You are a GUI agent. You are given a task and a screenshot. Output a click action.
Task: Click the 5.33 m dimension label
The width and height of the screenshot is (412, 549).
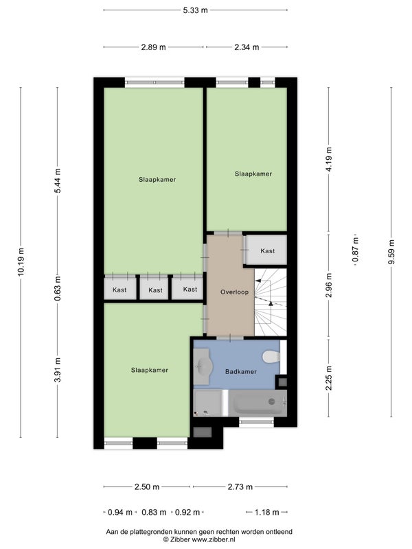click(x=195, y=10)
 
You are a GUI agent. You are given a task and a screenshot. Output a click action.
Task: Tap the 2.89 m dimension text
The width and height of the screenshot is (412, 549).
click(x=153, y=47)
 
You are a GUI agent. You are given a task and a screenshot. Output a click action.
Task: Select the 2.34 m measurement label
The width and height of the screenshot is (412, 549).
click(x=247, y=47)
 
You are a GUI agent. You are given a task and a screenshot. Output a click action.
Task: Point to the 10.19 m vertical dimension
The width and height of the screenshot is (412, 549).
click(x=21, y=261)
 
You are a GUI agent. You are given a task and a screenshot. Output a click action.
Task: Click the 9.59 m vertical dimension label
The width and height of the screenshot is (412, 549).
click(x=391, y=252)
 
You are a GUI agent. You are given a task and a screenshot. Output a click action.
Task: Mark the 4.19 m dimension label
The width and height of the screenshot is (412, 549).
click(x=329, y=159)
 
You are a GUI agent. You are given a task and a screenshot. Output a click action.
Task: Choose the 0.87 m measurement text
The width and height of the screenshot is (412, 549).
click(x=356, y=250)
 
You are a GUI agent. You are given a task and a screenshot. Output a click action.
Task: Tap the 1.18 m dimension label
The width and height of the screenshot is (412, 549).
click(x=266, y=512)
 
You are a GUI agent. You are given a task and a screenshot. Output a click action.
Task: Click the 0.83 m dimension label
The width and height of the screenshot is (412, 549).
click(x=154, y=512)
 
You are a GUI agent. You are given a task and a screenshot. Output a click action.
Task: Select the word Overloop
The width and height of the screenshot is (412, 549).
click(x=234, y=292)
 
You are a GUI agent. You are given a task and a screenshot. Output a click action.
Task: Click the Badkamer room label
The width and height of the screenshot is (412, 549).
click(x=241, y=372)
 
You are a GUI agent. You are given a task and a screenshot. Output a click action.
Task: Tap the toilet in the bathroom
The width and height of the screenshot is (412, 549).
click(x=271, y=357)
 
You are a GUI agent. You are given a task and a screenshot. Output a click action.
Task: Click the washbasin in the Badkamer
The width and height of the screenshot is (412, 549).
click(x=203, y=366)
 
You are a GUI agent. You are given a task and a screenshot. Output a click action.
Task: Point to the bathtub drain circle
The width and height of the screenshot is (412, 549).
click(x=271, y=401)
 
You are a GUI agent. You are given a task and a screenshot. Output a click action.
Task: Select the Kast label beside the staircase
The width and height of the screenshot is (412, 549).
click(x=268, y=251)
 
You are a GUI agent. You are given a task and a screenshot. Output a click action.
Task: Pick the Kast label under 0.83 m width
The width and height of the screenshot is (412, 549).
click(x=155, y=290)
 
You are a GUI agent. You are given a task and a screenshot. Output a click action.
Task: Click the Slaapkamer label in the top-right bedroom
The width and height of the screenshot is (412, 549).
click(x=253, y=174)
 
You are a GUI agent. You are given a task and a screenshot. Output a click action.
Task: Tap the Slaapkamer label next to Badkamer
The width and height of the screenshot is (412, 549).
click(x=150, y=370)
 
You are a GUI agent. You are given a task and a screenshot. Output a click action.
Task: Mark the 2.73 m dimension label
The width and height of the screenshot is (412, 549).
click(x=240, y=487)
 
